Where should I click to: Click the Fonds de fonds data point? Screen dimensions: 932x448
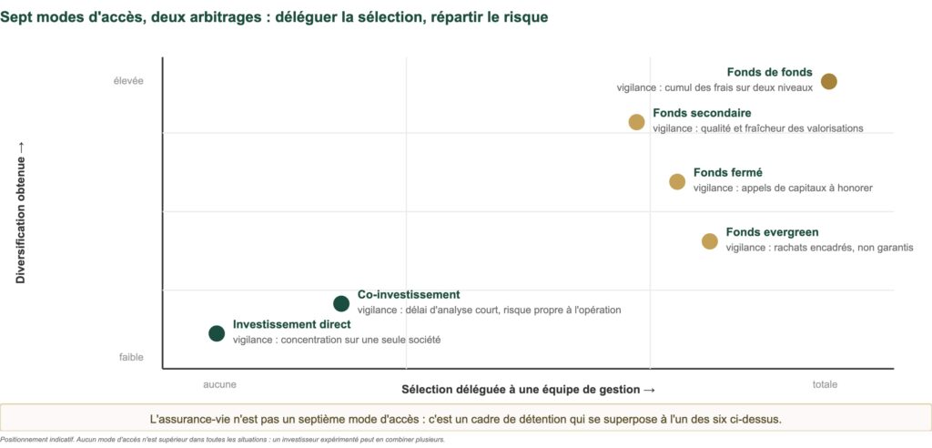(x=828, y=82)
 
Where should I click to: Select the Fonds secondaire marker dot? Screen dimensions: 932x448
(x=636, y=122)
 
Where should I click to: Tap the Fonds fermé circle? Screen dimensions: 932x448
(x=677, y=181)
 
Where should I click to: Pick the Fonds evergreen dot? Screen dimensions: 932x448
(x=710, y=241)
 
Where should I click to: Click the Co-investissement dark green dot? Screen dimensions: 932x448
(x=341, y=303)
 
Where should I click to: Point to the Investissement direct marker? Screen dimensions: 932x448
(x=217, y=333)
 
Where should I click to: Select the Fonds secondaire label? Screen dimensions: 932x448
(x=702, y=113)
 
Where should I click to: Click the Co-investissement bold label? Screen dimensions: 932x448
(x=409, y=294)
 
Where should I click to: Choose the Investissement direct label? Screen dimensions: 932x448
(x=292, y=324)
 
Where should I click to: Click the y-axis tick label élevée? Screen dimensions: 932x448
(x=128, y=81)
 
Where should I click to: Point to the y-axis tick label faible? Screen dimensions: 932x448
(x=131, y=357)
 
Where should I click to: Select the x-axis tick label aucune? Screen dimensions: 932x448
(x=219, y=384)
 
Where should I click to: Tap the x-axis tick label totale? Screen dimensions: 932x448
(x=825, y=384)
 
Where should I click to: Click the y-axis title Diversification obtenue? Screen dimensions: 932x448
(x=21, y=212)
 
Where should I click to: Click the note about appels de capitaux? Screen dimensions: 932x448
(x=783, y=188)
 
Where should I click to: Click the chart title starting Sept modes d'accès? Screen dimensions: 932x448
(x=274, y=17)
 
